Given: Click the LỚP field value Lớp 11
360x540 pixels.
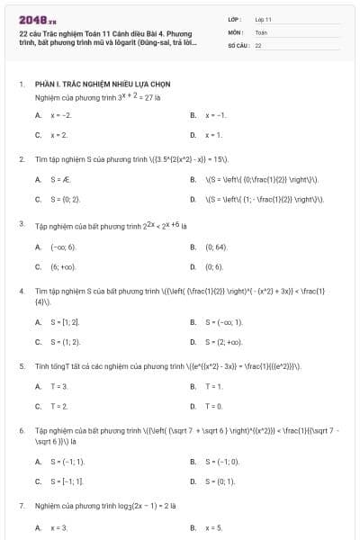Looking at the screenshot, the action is coord(264,18).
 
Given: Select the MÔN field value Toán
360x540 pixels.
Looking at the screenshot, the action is coord(261,31).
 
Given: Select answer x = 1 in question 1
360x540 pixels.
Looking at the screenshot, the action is coord(213,135).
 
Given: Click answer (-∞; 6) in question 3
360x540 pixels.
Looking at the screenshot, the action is coord(63,247).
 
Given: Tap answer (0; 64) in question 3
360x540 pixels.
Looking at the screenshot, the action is coord(216,247).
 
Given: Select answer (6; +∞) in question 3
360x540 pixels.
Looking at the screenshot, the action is coord(63,266).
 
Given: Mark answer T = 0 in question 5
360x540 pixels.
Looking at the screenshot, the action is coord(214,406).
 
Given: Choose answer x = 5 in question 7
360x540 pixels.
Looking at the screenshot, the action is coord(213,527).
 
